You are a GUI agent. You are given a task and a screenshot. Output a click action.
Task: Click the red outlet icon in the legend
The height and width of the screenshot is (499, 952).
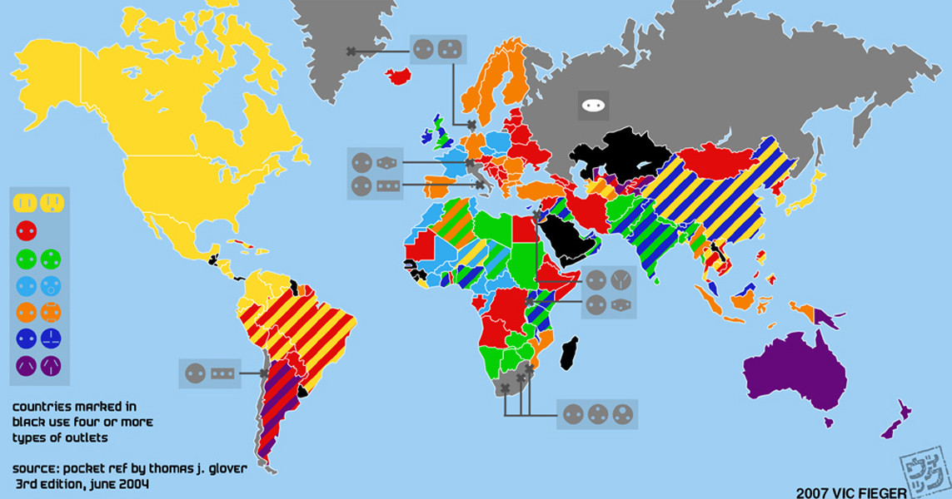26,230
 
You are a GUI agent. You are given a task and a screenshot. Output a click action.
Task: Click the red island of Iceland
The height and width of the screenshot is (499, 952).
399,77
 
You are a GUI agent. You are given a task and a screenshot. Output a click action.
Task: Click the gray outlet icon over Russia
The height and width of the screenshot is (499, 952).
593,106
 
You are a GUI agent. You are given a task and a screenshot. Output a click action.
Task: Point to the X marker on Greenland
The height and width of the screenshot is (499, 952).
351,52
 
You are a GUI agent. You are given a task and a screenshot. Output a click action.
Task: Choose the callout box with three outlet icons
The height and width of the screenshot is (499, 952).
597,413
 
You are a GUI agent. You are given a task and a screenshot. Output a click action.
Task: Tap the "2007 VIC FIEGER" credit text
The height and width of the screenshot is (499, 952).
845,492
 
